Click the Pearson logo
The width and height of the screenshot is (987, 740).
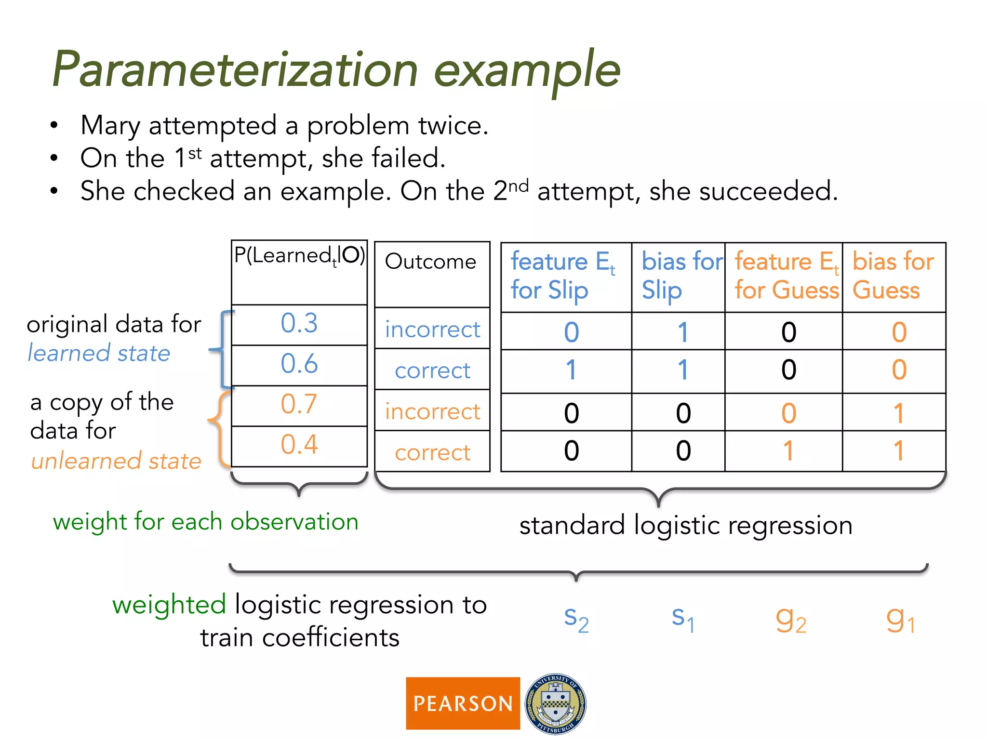463,703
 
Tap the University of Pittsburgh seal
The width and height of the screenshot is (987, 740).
555,703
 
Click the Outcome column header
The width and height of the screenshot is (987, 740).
431,262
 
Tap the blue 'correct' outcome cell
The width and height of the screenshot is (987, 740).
432,370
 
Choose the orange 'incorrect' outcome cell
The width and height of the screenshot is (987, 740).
432,411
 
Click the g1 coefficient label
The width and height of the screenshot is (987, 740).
900,620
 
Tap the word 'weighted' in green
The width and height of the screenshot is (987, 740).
169,605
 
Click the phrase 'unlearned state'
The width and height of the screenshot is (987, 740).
116,461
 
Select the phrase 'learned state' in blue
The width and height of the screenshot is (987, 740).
99,353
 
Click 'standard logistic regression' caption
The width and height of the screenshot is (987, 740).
686,525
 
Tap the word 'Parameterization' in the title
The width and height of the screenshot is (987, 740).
235,70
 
